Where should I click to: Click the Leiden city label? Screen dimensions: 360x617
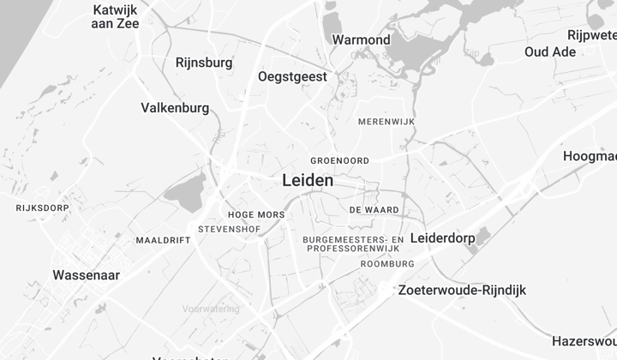pyautogui.click(x=308, y=181)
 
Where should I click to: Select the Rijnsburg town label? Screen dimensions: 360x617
pyautogui.click(x=204, y=63)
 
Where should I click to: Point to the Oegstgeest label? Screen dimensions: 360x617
pyautogui.click(x=292, y=76)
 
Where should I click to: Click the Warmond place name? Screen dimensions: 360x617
pyautogui.click(x=361, y=39)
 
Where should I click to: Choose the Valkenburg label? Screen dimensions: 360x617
pyautogui.click(x=175, y=108)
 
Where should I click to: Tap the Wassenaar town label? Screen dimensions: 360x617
pyautogui.click(x=86, y=275)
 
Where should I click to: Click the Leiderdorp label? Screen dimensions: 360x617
pyautogui.click(x=442, y=237)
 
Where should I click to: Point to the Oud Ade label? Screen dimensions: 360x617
pyautogui.click(x=550, y=51)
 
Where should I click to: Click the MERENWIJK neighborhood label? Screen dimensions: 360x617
pyautogui.click(x=386, y=123)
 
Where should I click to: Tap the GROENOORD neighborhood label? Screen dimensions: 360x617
pyautogui.click(x=339, y=160)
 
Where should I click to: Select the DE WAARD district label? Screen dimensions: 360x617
pyautogui.click(x=374, y=209)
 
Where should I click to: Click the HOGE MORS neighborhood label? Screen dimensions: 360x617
pyautogui.click(x=257, y=214)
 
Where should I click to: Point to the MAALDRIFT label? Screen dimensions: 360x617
pyautogui.click(x=163, y=240)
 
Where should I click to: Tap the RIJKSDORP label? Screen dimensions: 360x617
pyautogui.click(x=42, y=207)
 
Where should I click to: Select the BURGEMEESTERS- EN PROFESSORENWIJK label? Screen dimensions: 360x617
pyautogui.click(x=353, y=243)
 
